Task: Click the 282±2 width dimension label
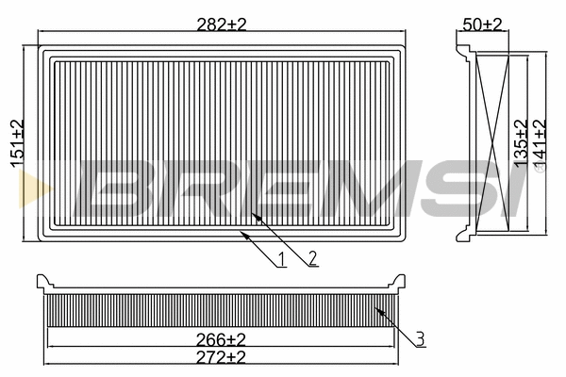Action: (222, 25)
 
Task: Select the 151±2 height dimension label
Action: (17, 143)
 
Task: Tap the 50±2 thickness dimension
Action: (482, 25)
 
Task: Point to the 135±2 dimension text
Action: (521, 143)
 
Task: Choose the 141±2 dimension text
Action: (540, 143)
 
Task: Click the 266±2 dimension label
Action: (221, 339)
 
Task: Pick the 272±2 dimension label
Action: (221, 357)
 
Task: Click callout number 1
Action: (282, 259)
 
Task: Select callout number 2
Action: (312, 258)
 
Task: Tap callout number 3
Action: (420, 339)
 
